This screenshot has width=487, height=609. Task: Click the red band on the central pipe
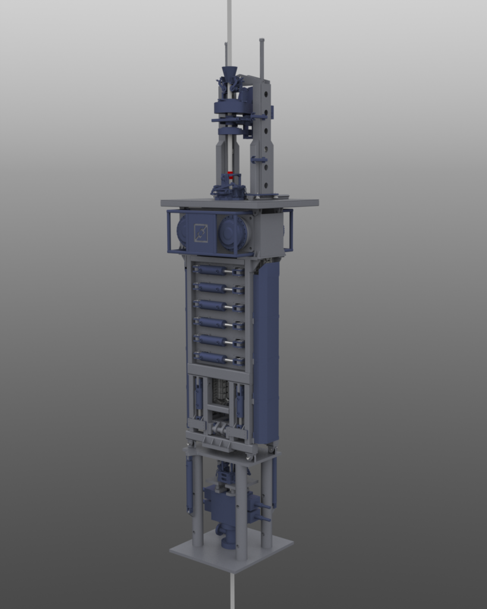(230, 174)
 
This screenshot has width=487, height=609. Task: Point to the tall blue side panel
(266, 351)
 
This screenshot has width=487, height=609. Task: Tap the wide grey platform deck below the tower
(239, 203)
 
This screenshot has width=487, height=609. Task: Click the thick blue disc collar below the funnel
(229, 106)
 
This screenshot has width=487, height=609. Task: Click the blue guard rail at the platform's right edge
(288, 230)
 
